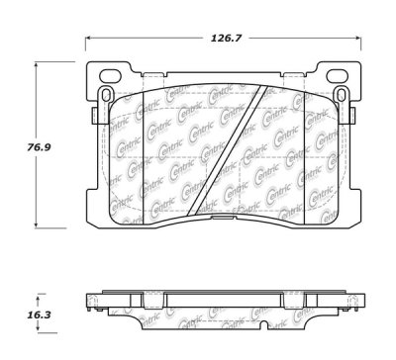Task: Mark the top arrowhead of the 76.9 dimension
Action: [x=40, y=63]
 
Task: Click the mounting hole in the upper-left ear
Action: [x=102, y=95]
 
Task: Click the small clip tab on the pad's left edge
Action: [x=91, y=117]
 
